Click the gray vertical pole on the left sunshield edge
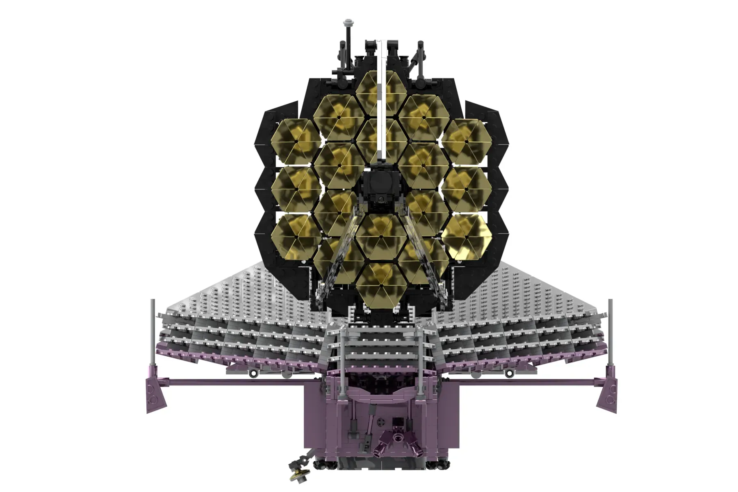point(153,328)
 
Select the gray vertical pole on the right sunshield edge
point(610,328)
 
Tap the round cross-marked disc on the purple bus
point(381,422)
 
